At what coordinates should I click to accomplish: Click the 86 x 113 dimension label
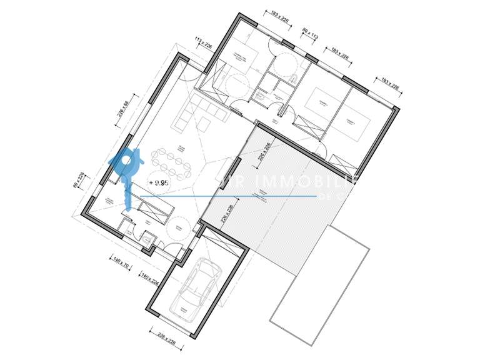(x=310, y=34)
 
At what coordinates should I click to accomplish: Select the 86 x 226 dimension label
(x=78, y=180)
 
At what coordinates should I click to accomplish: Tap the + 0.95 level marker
(x=159, y=182)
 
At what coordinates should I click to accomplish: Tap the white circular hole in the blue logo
(x=126, y=160)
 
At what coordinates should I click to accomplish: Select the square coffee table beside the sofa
(x=205, y=125)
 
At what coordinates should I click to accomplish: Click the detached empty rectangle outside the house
(x=319, y=284)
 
